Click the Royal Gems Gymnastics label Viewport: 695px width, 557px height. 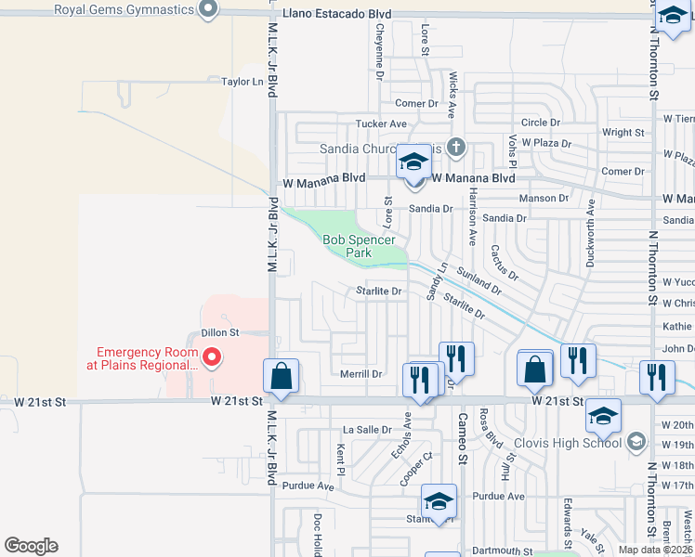[x=124, y=10]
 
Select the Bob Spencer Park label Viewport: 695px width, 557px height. [x=347, y=246]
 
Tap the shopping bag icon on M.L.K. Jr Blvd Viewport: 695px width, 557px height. [x=281, y=376]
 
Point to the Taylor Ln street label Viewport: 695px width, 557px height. [x=243, y=82]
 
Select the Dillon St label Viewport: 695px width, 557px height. [x=220, y=332]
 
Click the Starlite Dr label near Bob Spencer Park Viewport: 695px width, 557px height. [x=378, y=291]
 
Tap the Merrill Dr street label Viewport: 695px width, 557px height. [x=361, y=374]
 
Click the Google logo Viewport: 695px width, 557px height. [x=31, y=546]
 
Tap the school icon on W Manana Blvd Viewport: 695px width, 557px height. [x=413, y=163]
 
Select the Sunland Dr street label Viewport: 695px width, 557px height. [x=479, y=282]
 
